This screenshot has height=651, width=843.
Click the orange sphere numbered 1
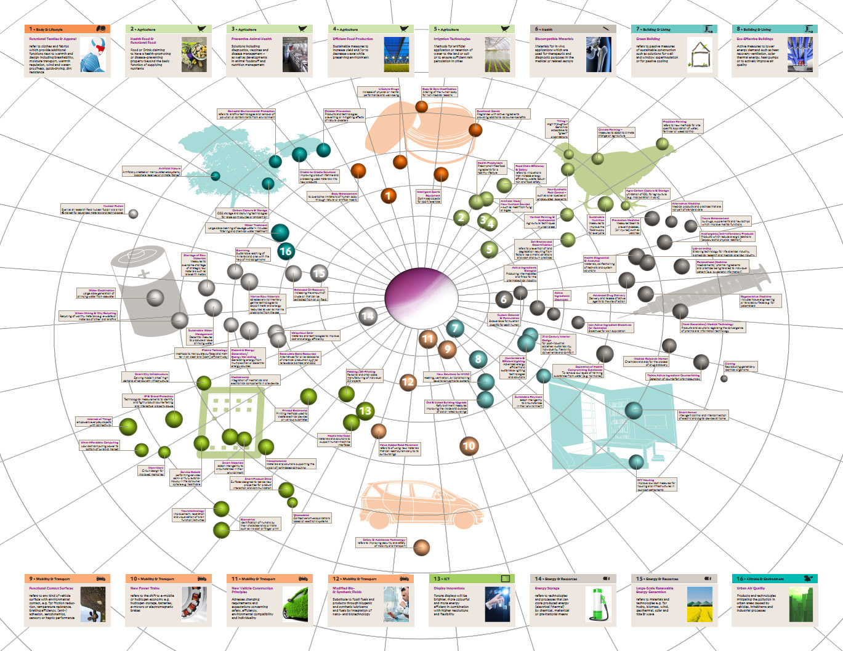click(x=388, y=196)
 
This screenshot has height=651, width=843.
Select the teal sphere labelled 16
click(x=285, y=251)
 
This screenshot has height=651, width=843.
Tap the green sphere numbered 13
click(x=365, y=410)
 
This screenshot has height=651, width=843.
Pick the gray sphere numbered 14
click(x=368, y=316)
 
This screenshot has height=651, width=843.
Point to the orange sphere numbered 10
click(x=469, y=445)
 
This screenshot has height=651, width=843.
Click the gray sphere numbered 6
click(x=504, y=299)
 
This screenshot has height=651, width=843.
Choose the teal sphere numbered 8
click(x=478, y=359)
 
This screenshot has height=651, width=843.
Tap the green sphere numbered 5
click(x=490, y=249)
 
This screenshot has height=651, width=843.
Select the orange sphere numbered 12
click(x=408, y=382)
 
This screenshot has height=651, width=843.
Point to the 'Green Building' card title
click(x=648, y=39)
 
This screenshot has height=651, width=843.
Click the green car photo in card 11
click(x=296, y=603)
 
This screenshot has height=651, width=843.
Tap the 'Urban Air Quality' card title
click(x=751, y=588)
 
